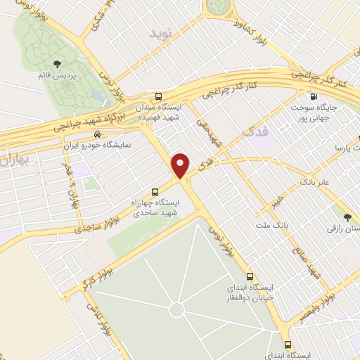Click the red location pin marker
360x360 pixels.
[x=181, y=165]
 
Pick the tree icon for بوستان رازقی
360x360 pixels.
[x=349, y=217]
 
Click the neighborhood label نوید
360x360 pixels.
[x=160, y=33]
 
